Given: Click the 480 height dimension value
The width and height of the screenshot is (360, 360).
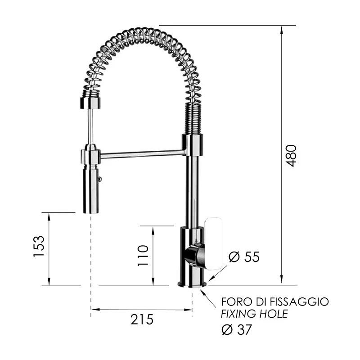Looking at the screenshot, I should (x=292, y=156).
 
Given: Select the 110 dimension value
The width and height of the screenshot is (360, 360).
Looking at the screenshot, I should (x=143, y=256).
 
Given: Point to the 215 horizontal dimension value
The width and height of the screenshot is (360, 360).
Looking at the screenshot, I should (x=142, y=319).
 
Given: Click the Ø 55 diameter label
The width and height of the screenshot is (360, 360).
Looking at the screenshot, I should (x=244, y=257).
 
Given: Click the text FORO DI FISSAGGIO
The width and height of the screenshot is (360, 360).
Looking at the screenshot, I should (x=274, y=301).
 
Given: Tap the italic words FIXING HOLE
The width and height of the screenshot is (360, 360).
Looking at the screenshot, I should (x=254, y=314).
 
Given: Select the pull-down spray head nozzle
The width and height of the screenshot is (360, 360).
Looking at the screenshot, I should (x=90, y=189).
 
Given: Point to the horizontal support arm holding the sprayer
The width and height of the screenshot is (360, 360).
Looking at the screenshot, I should (x=142, y=155).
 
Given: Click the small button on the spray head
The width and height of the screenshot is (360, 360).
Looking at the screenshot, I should (x=100, y=179).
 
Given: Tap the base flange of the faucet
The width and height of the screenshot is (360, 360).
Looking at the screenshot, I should (x=193, y=284).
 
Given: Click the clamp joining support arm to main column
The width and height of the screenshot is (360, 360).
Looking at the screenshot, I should (x=192, y=145).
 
